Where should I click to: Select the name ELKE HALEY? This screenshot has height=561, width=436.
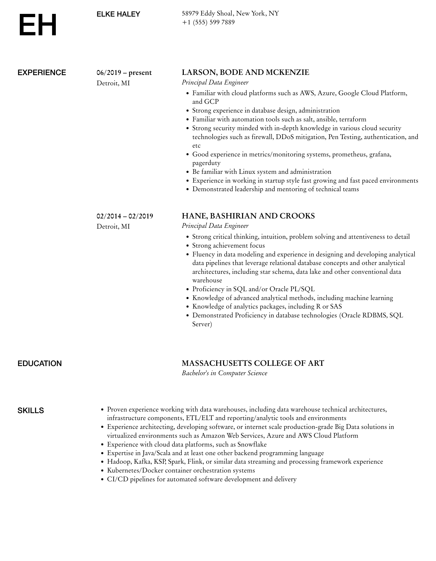pos(118,14)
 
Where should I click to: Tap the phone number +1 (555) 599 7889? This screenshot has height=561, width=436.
pos(208,22)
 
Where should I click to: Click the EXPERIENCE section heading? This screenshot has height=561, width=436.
pos(42,73)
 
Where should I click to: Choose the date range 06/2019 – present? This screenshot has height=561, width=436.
pos(124,73)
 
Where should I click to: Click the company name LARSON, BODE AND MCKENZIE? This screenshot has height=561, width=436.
pos(245,72)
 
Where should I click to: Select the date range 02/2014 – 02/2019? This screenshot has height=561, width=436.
pos(125,216)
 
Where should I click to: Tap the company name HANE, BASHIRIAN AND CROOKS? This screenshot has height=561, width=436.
pos(248,216)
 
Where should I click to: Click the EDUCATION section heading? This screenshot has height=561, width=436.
pos(40,363)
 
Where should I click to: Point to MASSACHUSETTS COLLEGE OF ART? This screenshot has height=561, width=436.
pos(253,363)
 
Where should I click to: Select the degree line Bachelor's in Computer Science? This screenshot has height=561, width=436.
pos(224,373)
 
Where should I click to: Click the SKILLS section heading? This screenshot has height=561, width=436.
pos(31,410)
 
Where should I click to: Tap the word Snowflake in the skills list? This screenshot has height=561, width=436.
pos(252,444)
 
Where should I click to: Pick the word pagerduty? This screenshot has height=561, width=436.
pos(206,163)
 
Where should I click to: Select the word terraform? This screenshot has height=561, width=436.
pos(353,119)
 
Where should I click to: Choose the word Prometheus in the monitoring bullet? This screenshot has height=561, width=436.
pos(349,154)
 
